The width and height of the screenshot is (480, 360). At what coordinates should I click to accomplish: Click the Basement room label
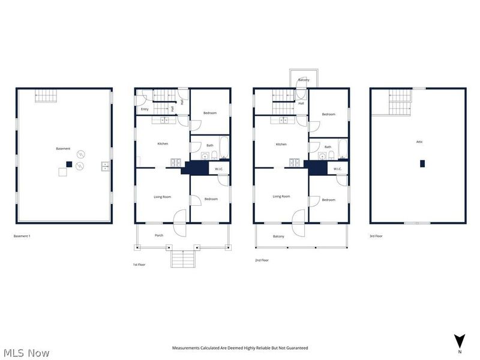[63, 149]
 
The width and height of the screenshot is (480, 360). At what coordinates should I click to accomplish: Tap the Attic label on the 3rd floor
[419, 142]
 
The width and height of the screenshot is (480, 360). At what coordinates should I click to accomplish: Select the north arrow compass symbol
[460, 341]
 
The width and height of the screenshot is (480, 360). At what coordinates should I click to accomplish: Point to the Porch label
[159, 235]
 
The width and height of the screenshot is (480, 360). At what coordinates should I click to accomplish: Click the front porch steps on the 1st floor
[183, 259]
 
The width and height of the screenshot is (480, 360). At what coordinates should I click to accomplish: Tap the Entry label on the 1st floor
[145, 109]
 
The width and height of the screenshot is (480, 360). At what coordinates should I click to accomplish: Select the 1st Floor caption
[139, 265]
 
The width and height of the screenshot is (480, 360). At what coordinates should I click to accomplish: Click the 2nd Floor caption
[262, 260]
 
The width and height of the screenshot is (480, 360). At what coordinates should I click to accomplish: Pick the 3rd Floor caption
[376, 236]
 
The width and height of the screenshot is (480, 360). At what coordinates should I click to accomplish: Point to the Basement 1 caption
[22, 236]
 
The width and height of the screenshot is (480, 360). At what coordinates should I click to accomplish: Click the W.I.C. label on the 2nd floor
[337, 169]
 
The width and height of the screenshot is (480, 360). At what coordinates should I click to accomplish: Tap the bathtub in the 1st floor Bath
[224, 148]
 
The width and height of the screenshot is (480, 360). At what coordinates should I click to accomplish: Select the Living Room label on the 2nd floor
[281, 197]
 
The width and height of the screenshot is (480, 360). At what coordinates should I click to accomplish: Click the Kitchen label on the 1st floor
[163, 144]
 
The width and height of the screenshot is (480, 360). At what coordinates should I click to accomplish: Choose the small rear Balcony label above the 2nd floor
[304, 80]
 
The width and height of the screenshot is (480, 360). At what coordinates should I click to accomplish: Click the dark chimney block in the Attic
[422, 164]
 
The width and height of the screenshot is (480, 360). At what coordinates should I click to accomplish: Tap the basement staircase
[46, 96]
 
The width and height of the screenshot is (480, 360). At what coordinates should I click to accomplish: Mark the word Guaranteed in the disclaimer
[298, 348]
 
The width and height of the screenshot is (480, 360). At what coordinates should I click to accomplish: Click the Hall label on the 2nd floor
[301, 104]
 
